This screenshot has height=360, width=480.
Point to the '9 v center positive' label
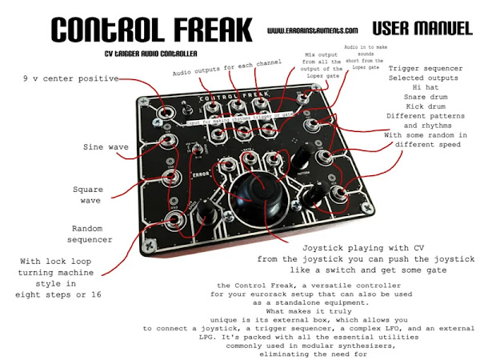point(71,79)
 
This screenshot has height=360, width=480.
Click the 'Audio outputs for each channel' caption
point(227,73)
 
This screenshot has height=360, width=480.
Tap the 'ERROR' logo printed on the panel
point(182,174)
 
